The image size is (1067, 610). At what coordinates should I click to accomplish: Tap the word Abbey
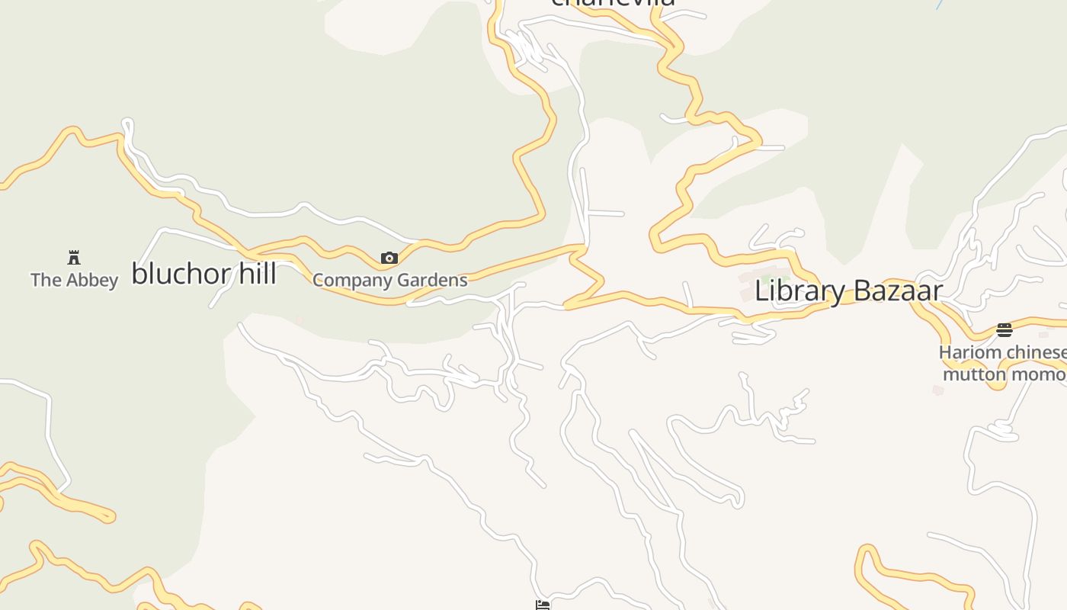click(92, 280)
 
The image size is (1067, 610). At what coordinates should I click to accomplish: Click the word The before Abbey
click(46, 280)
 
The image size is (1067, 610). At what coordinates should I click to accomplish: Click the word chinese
click(1037, 352)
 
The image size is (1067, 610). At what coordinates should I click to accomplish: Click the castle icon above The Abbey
click(74, 258)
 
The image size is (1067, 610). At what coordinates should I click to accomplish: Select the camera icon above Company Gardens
click(389, 258)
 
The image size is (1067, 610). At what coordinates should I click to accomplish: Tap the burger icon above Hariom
click(1005, 330)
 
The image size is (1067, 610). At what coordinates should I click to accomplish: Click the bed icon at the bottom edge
click(543, 605)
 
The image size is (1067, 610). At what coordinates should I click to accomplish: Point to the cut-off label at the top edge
click(613, 2)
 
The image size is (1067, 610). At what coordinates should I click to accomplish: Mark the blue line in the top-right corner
click(940, 4)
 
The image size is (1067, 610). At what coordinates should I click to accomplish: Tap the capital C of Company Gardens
click(319, 281)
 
